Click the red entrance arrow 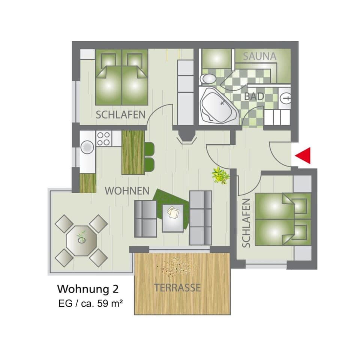[304, 156]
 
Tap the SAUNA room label [259, 57]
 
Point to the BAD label [254, 96]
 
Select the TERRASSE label [177, 288]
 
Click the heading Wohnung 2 [88, 289]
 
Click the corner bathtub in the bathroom [217, 106]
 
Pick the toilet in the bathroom [208, 79]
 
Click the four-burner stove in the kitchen [103, 138]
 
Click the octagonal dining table [81, 241]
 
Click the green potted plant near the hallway [220, 175]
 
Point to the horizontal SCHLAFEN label [120, 115]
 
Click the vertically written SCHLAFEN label [246, 223]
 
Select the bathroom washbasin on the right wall [286, 99]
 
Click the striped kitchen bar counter [133, 152]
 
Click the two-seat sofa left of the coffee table [145, 219]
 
